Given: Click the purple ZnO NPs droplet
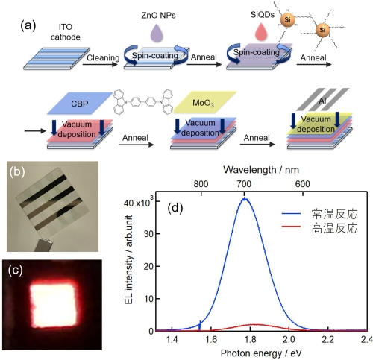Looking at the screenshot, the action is pos(157,32).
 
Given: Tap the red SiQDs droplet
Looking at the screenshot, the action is pos(261,32).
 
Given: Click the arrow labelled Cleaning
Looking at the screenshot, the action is pos(100,64).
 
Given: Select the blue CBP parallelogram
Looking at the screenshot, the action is pos(80,103).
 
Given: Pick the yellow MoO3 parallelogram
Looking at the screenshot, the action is pos(204,102).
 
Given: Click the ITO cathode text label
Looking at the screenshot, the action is pos(66,32).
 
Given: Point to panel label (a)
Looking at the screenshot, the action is pos(28,25).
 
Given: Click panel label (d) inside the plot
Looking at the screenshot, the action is pos(175,208).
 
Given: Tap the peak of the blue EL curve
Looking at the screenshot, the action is pos(245,198).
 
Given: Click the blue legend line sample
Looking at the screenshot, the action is pos(291,214).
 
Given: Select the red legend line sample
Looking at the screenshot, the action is pos(291,227).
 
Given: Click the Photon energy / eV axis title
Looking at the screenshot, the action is pos(261,353).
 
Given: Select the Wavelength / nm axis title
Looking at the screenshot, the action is pos(261,170).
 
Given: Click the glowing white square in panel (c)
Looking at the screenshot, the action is pos(53,305).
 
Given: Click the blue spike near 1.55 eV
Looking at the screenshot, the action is pos(200,326).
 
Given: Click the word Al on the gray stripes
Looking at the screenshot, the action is pos(322,101).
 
